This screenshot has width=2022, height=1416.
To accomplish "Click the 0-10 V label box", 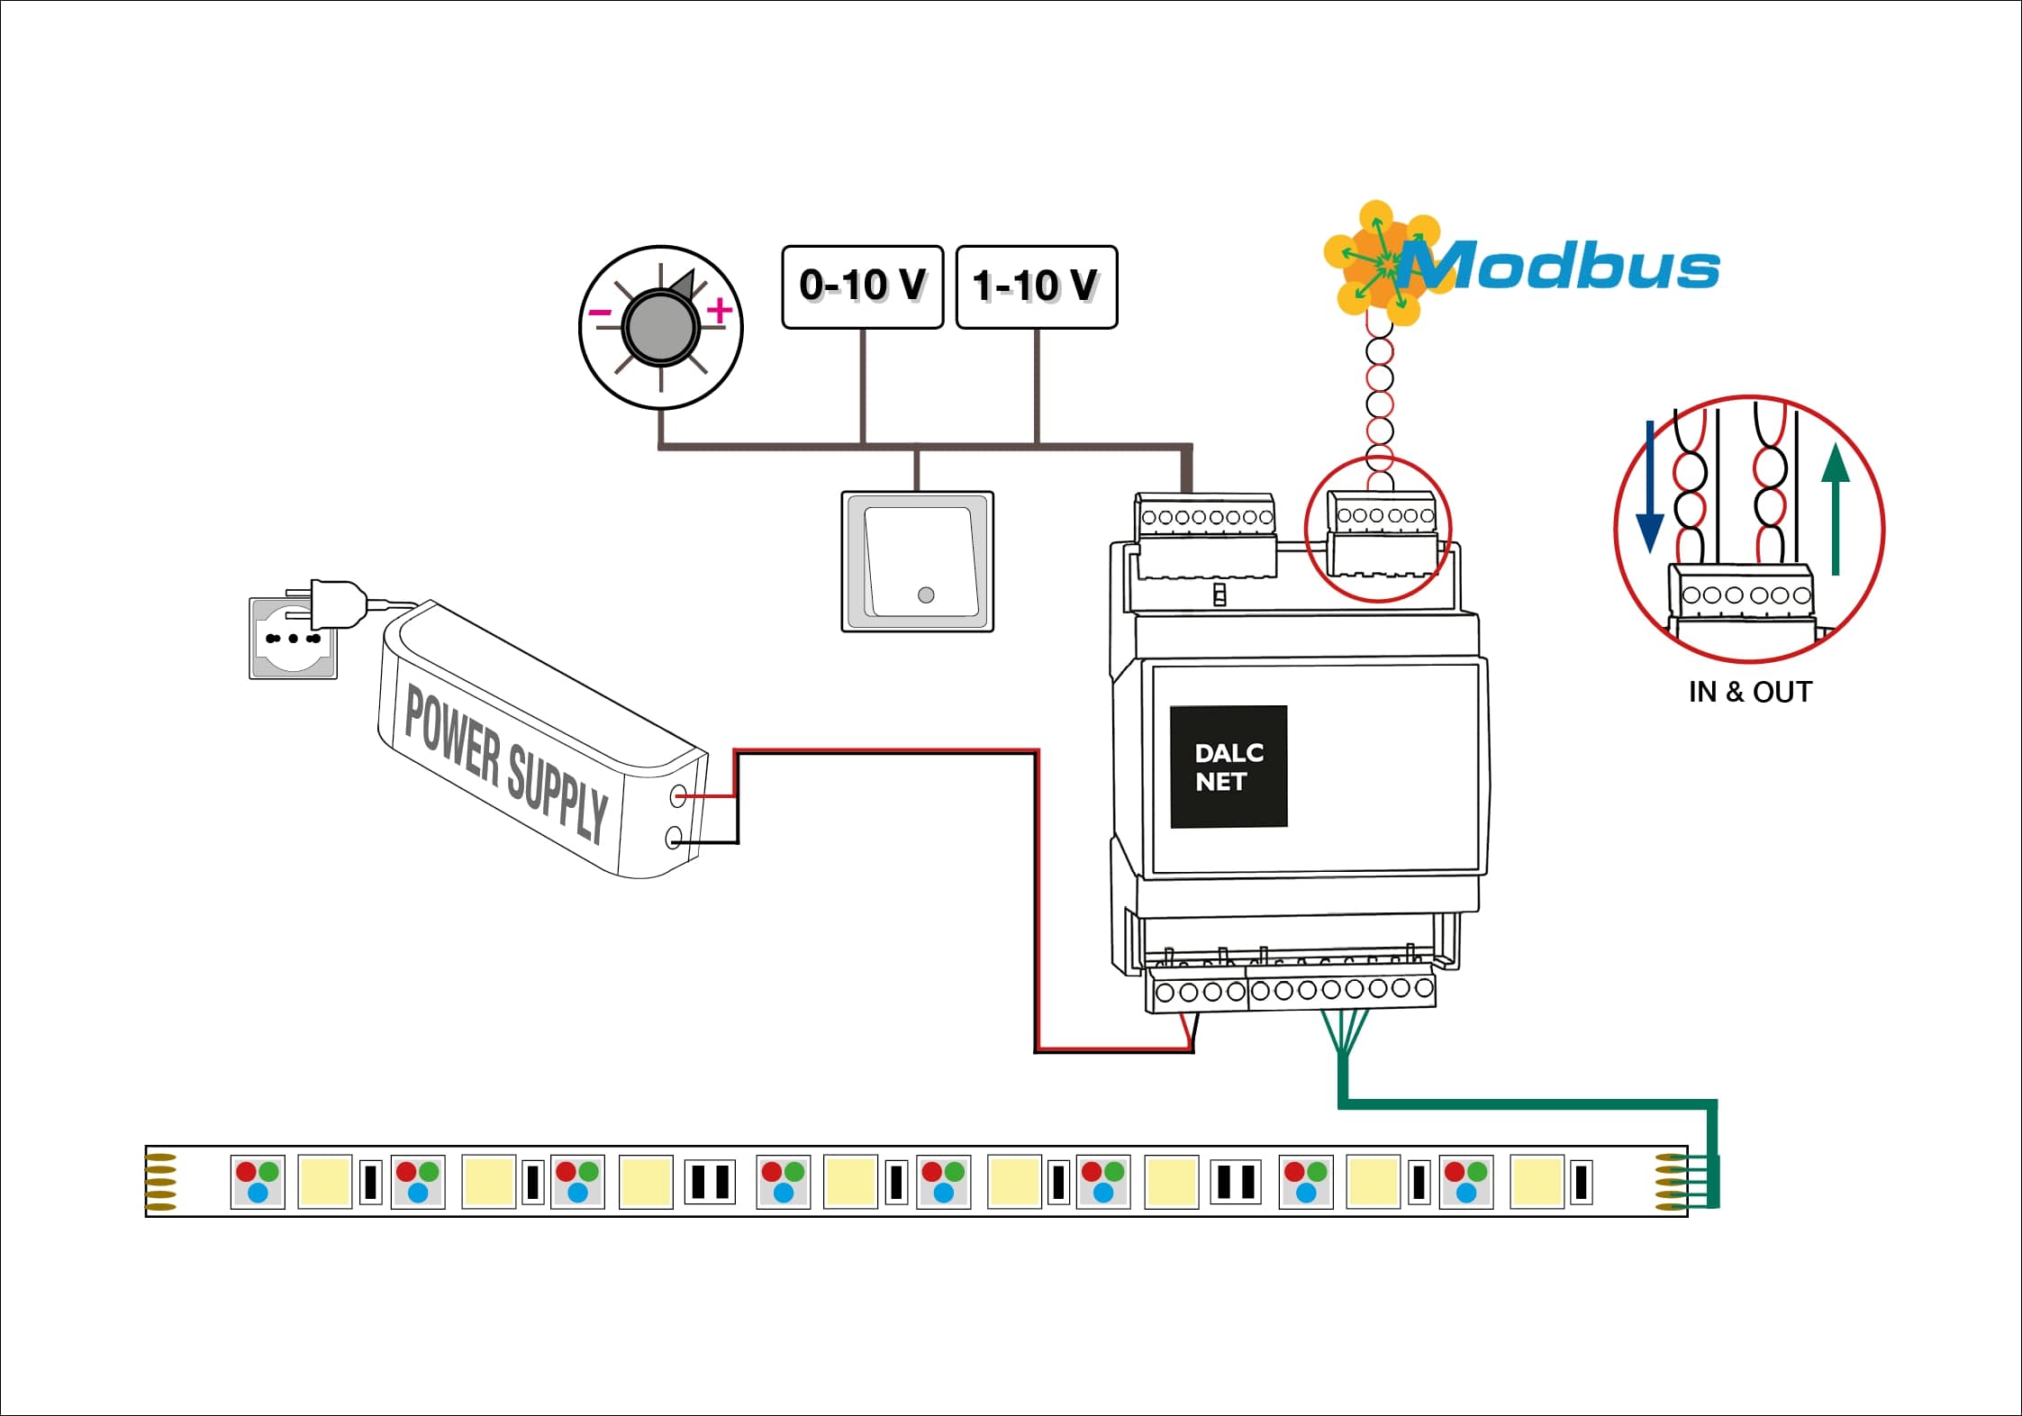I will [x=862, y=286].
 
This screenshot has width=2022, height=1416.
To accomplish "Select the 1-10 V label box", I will [x=1036, y=286].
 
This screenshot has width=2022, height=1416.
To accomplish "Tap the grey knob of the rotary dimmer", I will [x=660, y=328].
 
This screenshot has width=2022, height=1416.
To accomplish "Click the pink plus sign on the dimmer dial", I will [x=719, y=311].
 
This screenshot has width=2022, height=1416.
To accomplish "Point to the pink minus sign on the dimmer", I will [x=599, y=313].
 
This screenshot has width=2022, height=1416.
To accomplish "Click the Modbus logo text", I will [x=1567, y=268].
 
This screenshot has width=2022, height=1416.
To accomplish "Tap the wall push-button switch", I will [x=917, y=561].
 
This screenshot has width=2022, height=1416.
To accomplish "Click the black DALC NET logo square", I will [x=1228, y=767].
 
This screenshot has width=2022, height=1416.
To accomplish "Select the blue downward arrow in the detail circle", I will [x=1649, y=486].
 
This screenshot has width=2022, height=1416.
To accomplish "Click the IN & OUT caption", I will [x=1749, y=692].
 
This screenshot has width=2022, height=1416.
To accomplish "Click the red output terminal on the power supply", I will [x=679, y=795].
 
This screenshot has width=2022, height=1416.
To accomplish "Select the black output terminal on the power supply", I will [x=673, y=840].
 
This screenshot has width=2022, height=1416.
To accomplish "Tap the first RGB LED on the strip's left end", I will [x=258, y=1182].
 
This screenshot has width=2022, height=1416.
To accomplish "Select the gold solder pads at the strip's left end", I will [x=161, y=1181].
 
